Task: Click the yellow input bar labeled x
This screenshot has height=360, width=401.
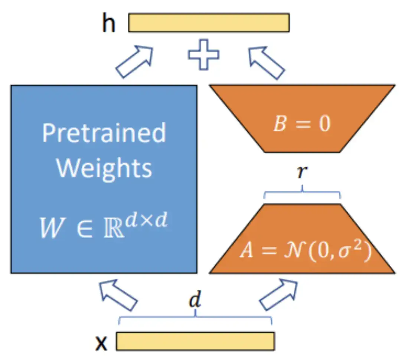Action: click(x=195, y=341)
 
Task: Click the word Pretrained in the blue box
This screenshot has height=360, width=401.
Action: click(x=104, y=132)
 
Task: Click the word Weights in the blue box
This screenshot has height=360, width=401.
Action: click(x=104, y=168)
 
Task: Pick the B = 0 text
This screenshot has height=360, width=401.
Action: click(x=301, y=124)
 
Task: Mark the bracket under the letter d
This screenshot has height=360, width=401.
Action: click(x=195, y=318)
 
